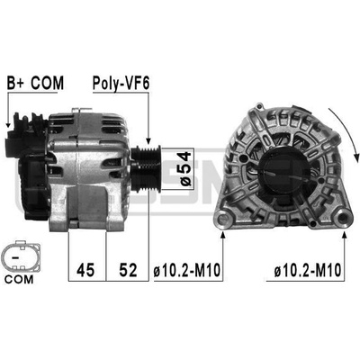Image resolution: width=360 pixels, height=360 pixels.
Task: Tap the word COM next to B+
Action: tap(48, 83)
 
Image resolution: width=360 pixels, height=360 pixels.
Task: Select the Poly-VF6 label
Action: tap(121, 84)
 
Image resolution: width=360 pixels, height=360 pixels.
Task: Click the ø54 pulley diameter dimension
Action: tap(186, 169)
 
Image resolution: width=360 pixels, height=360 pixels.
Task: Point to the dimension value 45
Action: tap(85, 269)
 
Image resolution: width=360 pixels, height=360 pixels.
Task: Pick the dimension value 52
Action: tap(128, 269)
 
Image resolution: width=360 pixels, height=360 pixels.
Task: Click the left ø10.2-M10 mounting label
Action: tap(187, 270)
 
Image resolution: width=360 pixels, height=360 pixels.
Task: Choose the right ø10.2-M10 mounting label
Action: tap(308, 270)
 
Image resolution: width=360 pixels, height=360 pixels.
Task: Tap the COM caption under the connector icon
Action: tap(19, 280)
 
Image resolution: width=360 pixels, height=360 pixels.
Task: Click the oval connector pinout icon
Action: tap(21, 256)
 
